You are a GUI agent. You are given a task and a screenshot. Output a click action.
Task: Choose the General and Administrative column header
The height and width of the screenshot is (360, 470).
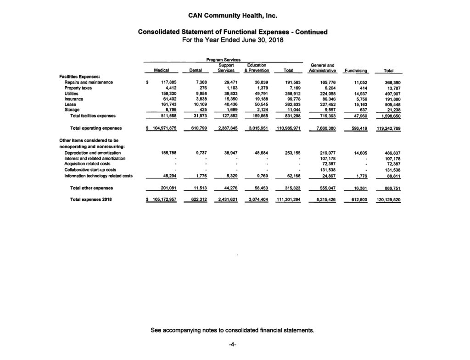pyautogui.click(x=324, y=68)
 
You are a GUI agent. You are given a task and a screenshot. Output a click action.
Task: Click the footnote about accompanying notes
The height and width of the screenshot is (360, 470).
pyautogui.click(x=233, y=330)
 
